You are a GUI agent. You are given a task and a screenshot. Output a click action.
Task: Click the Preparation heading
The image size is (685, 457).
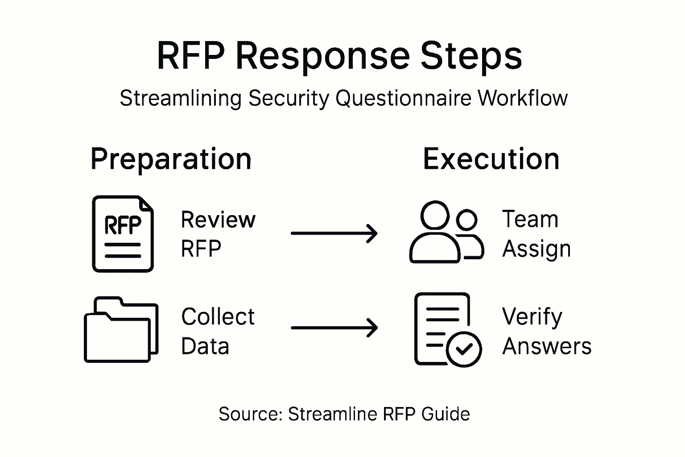click(171, 159)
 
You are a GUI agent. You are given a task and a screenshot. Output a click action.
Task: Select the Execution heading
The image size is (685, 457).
click(491, 159)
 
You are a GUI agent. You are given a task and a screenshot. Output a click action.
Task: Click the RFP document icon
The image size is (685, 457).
click(123, 234)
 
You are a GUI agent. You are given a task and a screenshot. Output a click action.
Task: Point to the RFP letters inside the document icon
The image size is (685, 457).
click(123, 225)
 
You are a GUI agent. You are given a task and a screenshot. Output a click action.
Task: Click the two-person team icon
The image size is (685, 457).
click(446, 232)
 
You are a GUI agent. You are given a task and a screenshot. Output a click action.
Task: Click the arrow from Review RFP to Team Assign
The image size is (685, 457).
click(334, 233)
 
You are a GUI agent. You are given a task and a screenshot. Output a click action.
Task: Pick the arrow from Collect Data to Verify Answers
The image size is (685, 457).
click(334, 328)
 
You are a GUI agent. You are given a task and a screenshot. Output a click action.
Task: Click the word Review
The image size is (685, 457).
click(218, 220)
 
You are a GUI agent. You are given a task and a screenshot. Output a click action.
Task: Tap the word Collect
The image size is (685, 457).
click(218, 317)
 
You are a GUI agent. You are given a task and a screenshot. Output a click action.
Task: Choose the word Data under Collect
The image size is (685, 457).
click(205, 346)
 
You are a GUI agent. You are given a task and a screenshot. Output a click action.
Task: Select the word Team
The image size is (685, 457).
click(530, 220)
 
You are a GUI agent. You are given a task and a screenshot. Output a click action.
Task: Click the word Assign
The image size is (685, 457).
click(536, 249)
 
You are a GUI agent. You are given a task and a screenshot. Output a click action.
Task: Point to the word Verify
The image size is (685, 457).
click(532, 317)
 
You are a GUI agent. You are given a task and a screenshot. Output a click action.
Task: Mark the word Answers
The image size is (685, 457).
click(547, 346)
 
